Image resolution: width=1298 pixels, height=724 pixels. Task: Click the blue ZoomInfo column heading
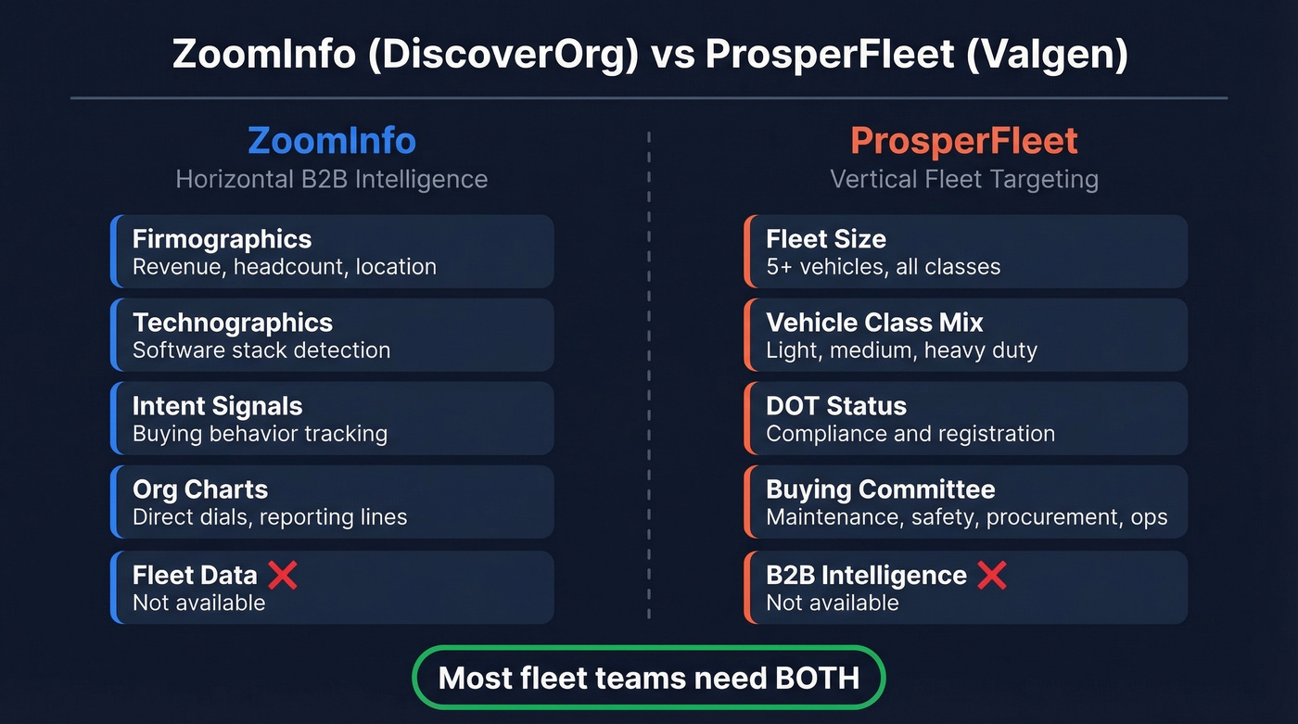(x=331, y=141)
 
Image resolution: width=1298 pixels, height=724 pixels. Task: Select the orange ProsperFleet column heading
(x=963, y=141)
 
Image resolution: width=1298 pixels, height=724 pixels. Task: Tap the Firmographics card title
(x=222, y=239)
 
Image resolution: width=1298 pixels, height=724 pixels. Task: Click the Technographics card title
(x=232, y=323)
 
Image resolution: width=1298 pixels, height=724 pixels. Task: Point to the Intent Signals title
(x=217, y=406)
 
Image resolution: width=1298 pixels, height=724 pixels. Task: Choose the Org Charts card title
(x=199, y=489)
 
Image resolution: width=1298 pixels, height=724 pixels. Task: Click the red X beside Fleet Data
(x=283, y=575)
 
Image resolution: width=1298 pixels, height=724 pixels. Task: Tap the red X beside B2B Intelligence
(x=991, y=575)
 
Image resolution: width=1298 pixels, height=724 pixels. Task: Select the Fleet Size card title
(x=825, y=239)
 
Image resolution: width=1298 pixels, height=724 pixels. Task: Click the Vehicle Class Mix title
(x=874, y=323)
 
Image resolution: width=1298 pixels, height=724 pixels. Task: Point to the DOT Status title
(x=835, y=406)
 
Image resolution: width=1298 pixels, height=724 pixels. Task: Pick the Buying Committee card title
(x=880, y=489)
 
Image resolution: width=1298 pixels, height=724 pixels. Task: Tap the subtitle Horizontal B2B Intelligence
(x=331, y=179)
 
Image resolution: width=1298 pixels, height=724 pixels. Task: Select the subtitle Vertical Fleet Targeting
(x=963, y=179)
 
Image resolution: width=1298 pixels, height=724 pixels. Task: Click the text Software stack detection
(x=261, y=350)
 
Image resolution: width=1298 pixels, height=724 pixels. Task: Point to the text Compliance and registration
(x=910, y=434)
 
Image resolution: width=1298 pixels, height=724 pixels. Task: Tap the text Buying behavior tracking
(x=260, y=434)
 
